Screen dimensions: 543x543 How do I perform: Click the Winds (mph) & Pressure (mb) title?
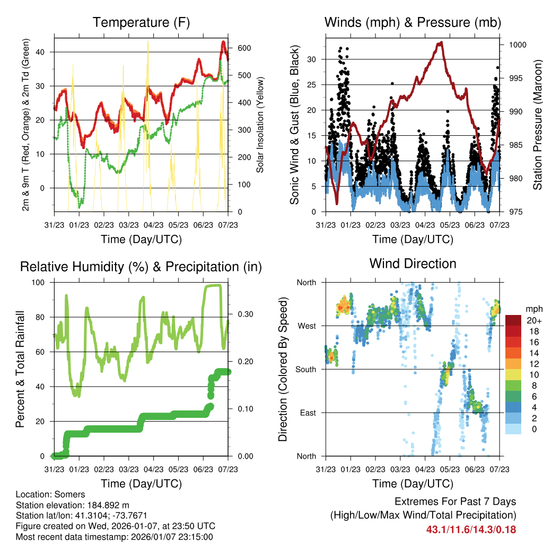coord(413,22)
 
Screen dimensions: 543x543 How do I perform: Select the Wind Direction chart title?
coord(413,263)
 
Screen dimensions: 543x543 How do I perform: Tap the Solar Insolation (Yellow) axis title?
coord(260,125)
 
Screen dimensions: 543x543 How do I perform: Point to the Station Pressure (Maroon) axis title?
coord(537,125)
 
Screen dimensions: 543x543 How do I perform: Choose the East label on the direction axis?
coord(307,413)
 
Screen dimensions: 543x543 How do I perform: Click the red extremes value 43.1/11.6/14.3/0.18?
coord(471,529)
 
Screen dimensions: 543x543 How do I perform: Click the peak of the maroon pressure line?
coord(440,42)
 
